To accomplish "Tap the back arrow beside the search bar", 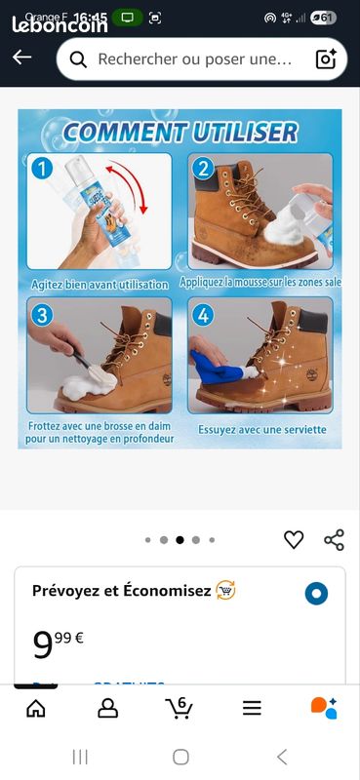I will tap(21, 58).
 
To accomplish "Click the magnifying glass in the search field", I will tap(79, 59).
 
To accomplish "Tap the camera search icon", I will tap(326, 59).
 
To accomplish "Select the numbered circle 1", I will tap(41, 168).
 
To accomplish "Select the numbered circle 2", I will tap(202, 168).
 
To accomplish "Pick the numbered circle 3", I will tap(41, 314).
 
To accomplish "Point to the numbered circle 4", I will tap(202, 314).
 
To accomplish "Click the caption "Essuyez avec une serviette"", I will tap(262, 429).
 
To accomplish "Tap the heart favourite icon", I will tap(294, 539).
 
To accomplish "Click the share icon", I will tap(334, 539).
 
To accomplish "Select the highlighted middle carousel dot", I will tap(180, 539).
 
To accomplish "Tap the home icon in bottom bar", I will tap(36, 709).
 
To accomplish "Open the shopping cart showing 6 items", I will tap(179, 708).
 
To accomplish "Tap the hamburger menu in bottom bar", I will tap(252, 709).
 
